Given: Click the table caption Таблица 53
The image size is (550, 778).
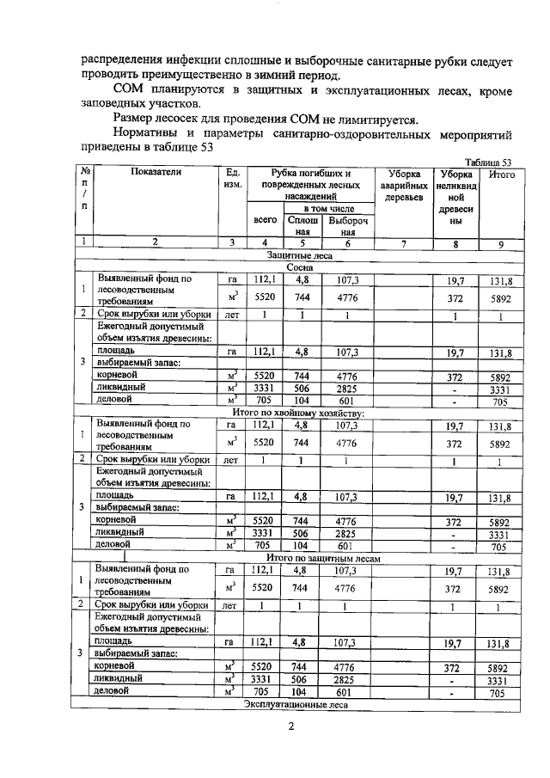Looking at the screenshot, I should coord(486,162).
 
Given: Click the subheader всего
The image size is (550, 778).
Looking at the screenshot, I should coord(266,220).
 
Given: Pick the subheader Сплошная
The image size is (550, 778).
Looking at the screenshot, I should coord(302,225).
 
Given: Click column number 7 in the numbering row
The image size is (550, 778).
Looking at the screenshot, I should coord(403,242).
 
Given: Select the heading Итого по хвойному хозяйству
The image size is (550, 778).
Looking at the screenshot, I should coord(298,413).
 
